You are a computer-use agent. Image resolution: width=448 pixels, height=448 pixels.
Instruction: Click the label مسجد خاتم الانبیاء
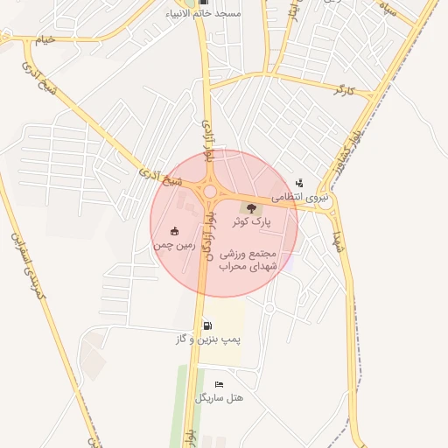tap(206, 15)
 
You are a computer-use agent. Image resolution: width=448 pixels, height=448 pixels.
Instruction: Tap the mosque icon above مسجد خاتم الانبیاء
tap(205, 3)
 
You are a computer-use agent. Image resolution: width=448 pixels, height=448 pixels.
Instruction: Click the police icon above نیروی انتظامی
tap(300, 183)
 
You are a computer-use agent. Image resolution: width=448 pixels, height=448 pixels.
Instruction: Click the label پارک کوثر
tap(255, 222)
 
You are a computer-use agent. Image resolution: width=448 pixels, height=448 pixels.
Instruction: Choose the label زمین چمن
tap(171, 246)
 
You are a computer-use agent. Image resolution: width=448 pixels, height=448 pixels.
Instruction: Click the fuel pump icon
tap(206, 325)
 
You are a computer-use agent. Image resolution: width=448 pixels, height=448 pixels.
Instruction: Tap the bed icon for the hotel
tap(219, 384)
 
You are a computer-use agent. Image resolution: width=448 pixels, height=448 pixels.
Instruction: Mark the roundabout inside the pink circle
tap(210, 191)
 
